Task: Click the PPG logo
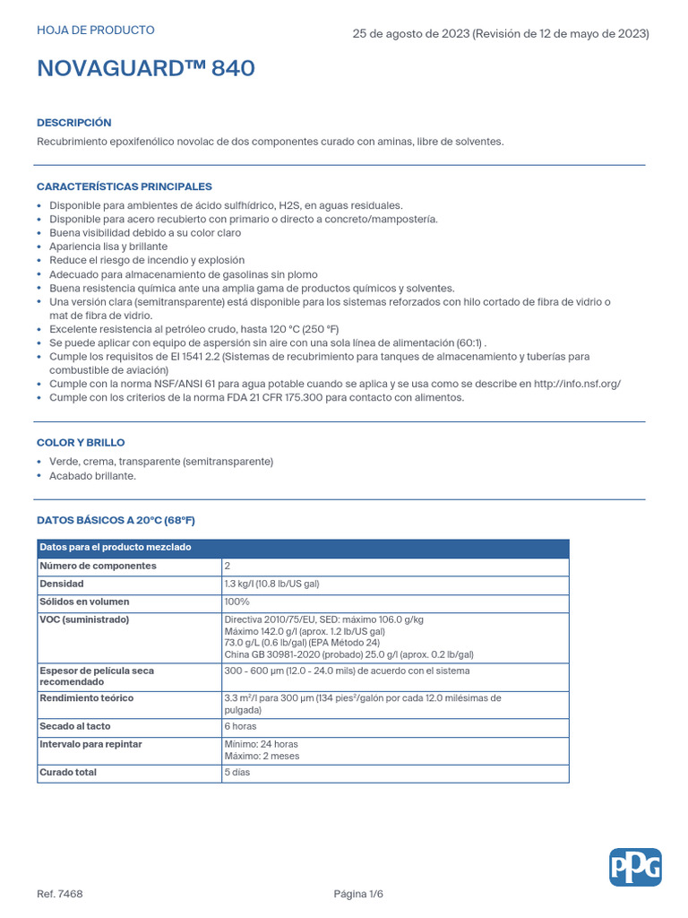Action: tap(635, 867)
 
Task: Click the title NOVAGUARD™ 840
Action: tap(146, 69)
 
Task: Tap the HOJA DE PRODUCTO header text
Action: tap(95, 30)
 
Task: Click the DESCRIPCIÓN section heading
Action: tap(74, 123)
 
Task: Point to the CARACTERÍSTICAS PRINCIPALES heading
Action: tap(125, 186)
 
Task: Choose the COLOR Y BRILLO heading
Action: tap(81, 443)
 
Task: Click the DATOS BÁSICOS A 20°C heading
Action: tap(116, 520)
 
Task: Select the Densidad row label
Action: tap(62, 584)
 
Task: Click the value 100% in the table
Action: tap(237, 602)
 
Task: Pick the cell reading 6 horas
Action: tap(240, 726)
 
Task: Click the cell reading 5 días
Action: tap(237, 772)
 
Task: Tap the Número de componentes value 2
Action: tap(228, 566)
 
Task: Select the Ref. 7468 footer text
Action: tap(60, 894)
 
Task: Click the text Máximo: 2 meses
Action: tap(262, 756)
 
